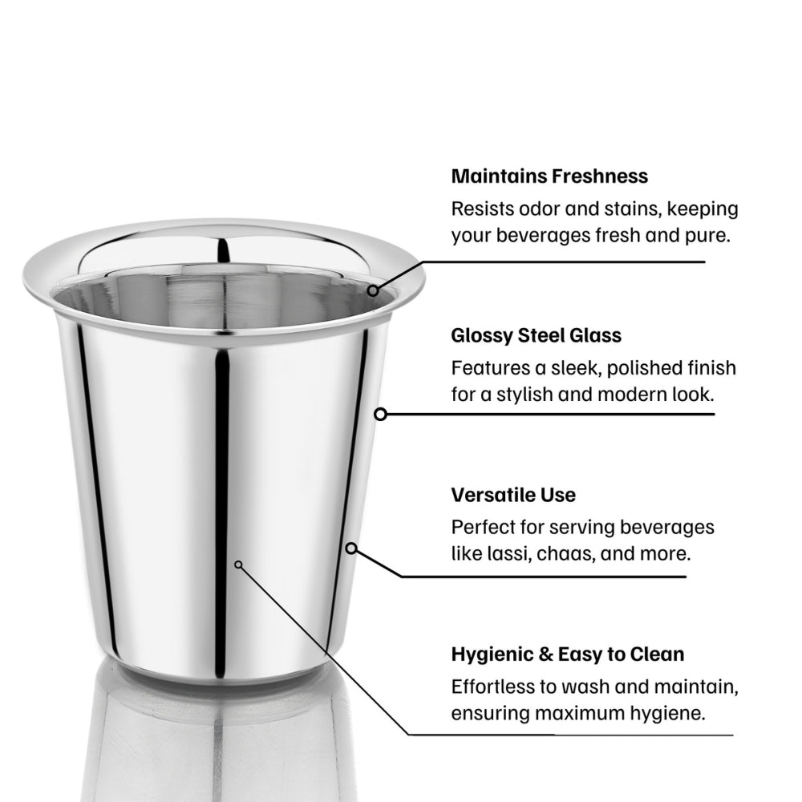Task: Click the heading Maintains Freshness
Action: pos(549,176)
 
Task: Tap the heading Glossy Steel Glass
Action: pos(536,335)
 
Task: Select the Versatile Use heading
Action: pos(513,495)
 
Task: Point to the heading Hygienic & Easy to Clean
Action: pos(568,654)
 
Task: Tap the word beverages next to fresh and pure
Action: pos(543,236)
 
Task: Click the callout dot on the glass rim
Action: pos(373,290)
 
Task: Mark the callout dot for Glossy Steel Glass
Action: pos(380,415)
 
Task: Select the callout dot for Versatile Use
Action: pos(351,549)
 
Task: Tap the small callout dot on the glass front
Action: pos(238,565)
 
